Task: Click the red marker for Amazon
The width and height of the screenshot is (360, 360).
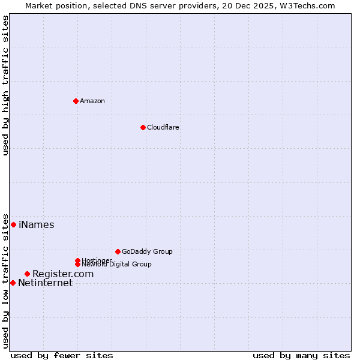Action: click(76, 101)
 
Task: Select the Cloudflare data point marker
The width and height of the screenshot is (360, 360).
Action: click(143, 127)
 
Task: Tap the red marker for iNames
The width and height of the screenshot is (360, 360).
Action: click(13, 224)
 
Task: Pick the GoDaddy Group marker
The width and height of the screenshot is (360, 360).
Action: click(118, 251)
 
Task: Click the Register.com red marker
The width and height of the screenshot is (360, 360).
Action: click(27, 274)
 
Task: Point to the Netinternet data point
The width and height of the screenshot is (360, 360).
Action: click(13, 283)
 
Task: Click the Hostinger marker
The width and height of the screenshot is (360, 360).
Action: click(77, 260)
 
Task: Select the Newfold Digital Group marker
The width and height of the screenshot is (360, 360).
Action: click(77, 264)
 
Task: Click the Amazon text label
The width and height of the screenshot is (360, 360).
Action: click(92, 101)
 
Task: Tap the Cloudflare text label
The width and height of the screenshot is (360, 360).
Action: click(163, 127)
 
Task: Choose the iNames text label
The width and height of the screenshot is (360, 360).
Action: click(37, 225)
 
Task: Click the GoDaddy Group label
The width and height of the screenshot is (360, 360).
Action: click(147, 251)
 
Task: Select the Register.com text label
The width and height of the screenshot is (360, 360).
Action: click(63, 274)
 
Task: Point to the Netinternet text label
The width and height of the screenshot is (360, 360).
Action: click(46, 283)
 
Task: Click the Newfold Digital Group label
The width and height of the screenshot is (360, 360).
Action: click(117, 265)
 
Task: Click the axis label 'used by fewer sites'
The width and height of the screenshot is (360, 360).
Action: click(62, 356)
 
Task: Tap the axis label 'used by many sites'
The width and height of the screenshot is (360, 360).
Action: click(301, 356)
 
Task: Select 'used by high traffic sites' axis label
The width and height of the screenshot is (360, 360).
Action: click(5, 85)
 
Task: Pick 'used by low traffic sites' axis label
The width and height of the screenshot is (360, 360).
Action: click(5, 280)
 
